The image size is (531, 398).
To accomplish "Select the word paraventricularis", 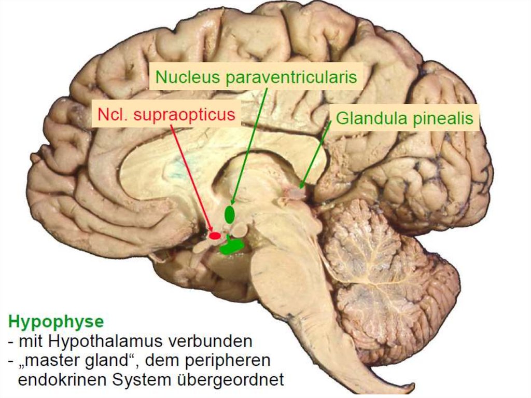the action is tap(291, 78).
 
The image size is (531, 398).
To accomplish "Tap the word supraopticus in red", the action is tap(184, 115).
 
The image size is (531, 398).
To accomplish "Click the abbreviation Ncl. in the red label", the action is tap(112, 114).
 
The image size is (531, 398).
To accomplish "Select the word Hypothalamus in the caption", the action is tap(103, 341).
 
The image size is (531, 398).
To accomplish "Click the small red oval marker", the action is tap(215, 235).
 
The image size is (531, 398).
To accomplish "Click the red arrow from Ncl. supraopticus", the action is tap(192, 178).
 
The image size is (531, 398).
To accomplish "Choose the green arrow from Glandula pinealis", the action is tap(315, 154).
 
